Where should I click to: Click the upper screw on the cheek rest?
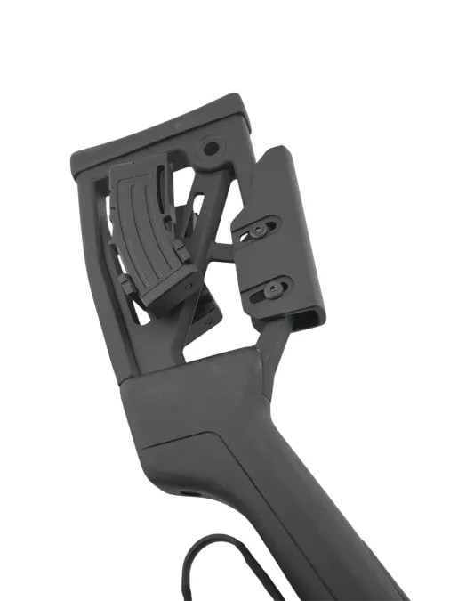(x=257, y=229)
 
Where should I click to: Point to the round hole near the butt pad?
(x=211, y=146)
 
